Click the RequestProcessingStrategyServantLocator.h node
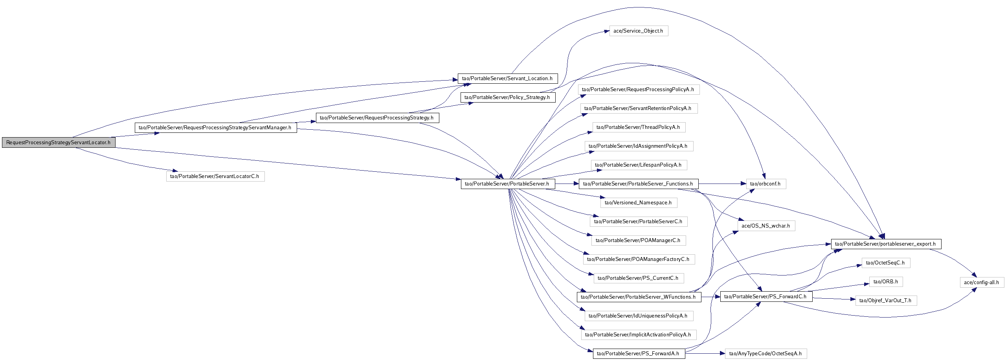point(59,142)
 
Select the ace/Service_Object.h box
point(639,31)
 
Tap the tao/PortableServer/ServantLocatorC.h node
point(215,176)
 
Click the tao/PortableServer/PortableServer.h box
point(508,184)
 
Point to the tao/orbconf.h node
point(766,184)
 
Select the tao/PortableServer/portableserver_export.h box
point(886,244)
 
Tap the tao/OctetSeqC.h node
point(886,263)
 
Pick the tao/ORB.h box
point(886,281)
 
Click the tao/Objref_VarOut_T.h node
point(886,300)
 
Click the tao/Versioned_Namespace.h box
point(639,202)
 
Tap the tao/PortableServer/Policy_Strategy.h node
point(508,97)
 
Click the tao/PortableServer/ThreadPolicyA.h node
point(639,127)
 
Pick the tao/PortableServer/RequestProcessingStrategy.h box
point(377,118)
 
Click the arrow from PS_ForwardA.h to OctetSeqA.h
point(705,353)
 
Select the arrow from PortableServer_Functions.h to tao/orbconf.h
point(722,184)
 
